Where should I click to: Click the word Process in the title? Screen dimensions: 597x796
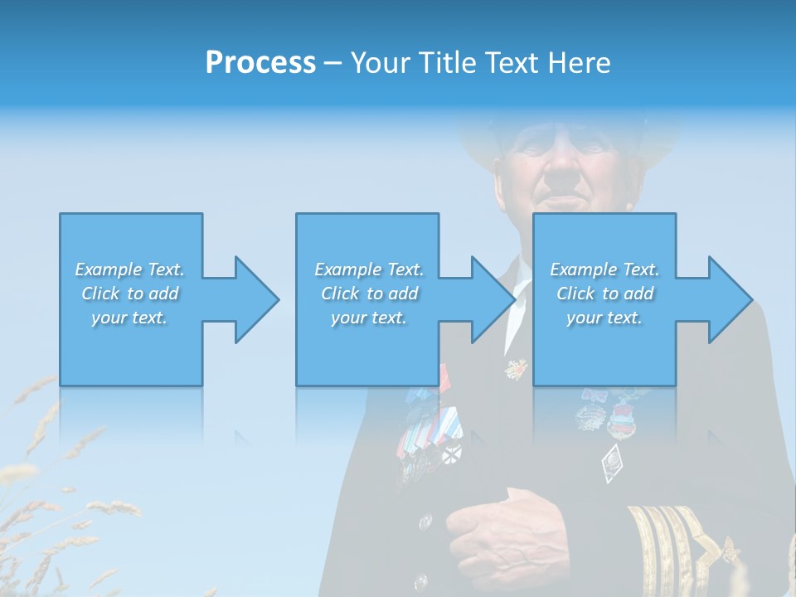(260, 63)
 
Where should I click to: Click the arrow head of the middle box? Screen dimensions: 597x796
(488, 299)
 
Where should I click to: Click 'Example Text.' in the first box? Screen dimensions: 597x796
(129, 269)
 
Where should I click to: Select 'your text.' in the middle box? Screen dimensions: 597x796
(368, 318)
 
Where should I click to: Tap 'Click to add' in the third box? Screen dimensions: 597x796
(604, 294)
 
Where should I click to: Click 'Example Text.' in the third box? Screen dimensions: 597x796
(604, 269)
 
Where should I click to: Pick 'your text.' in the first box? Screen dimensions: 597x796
(129, 318)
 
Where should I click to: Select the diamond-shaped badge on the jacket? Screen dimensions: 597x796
(612, 461)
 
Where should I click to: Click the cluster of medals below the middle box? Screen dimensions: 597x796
(427, 431)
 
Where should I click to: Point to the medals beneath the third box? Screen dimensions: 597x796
(609, 410)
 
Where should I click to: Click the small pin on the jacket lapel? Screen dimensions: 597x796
(516, 367)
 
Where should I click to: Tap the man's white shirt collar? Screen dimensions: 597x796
(521, 286)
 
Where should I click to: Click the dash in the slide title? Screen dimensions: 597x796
(333, 63)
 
